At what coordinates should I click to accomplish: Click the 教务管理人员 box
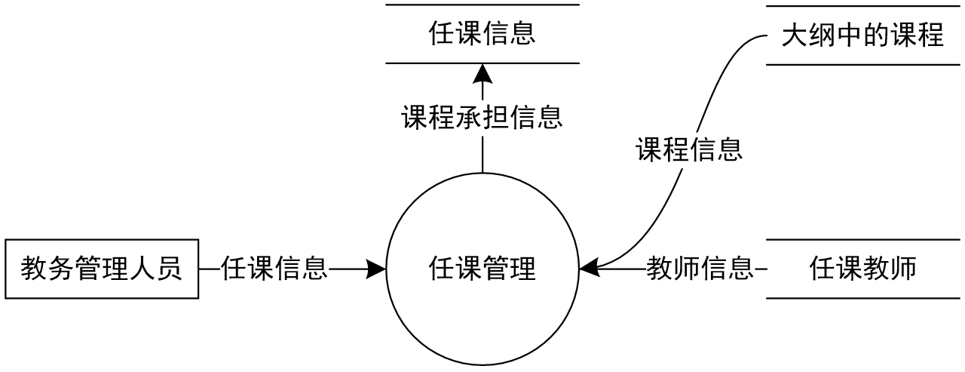click(102, 269)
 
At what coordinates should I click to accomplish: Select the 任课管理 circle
click(482, 269)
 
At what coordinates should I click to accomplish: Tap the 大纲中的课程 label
click(862, 35)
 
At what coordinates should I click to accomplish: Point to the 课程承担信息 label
click(482, 118)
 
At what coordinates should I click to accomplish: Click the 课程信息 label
click(689, 149)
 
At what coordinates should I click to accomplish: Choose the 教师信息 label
click(700, 269)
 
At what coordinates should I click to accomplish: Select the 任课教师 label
click(863, 269)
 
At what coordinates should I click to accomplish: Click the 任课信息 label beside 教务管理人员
click(274, 269)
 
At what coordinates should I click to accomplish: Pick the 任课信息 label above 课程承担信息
click(482, 34)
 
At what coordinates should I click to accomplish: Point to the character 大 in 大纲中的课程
click(795, 35)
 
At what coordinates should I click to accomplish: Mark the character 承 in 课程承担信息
click(469, 118)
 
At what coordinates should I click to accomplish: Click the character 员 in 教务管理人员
click(170, 269)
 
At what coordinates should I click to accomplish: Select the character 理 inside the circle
click(523, 269)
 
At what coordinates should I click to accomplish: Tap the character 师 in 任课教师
click(903, 269)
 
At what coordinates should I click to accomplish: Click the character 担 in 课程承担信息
click(496, 118)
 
